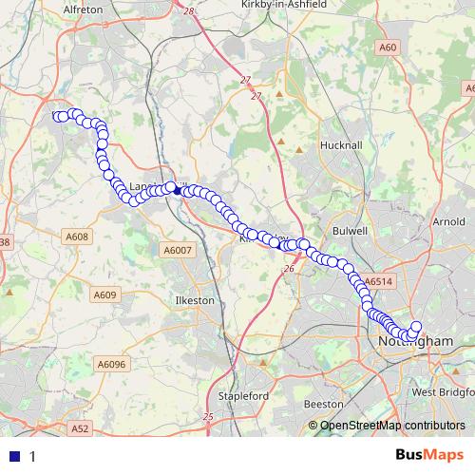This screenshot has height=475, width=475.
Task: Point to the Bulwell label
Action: [x=351, y=231]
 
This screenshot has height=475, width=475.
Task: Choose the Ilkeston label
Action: [x=197, y=300]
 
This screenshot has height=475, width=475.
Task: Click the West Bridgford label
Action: [x=443, y=391]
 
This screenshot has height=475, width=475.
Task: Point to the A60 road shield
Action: [x=388, y=47]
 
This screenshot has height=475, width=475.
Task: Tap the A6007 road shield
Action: [x=177, y=250]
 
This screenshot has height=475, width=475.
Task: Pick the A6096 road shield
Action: [x=111, y=363]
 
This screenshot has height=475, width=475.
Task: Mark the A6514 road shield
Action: [x=378, y=282]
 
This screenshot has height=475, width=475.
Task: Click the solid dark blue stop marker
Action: [x=178, y=190]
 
